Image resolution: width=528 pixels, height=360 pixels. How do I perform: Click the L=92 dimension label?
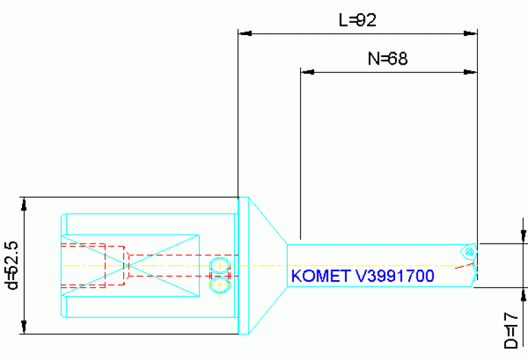coord(357,21)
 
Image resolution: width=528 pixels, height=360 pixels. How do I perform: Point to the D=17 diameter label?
coord(510,330)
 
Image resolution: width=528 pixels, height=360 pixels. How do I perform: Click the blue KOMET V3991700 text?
coord(362,276)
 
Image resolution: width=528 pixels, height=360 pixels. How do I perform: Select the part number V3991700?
coord(394,276)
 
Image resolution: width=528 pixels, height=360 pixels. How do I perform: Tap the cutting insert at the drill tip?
coord(469,252)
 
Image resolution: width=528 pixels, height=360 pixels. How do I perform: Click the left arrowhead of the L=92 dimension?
coord(246,32)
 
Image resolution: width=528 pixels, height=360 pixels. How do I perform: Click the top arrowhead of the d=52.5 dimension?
coord(25,204)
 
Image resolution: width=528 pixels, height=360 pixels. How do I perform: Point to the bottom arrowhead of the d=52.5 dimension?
coord(25,328)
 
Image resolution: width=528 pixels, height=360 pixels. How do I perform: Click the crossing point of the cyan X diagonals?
coord(127,265)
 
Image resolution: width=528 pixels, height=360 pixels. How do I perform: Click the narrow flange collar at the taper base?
coord(242,265)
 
